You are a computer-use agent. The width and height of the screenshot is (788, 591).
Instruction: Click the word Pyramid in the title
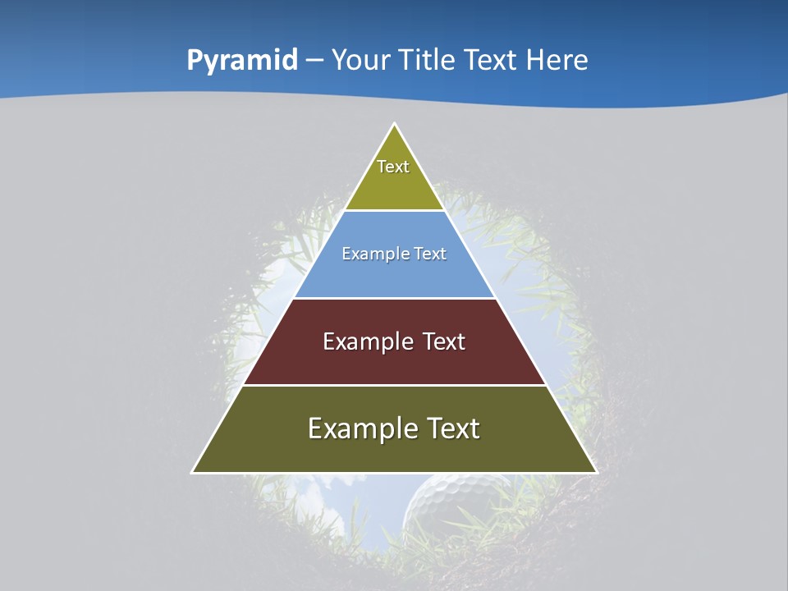242,61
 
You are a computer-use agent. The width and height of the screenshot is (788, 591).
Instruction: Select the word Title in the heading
427,60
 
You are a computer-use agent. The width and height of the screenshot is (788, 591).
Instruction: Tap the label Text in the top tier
393,167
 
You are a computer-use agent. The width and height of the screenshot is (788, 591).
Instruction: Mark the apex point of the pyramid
394,124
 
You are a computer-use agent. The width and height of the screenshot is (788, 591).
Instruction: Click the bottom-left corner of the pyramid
193,472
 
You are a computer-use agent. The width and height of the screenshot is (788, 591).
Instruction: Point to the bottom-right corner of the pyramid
596,472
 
